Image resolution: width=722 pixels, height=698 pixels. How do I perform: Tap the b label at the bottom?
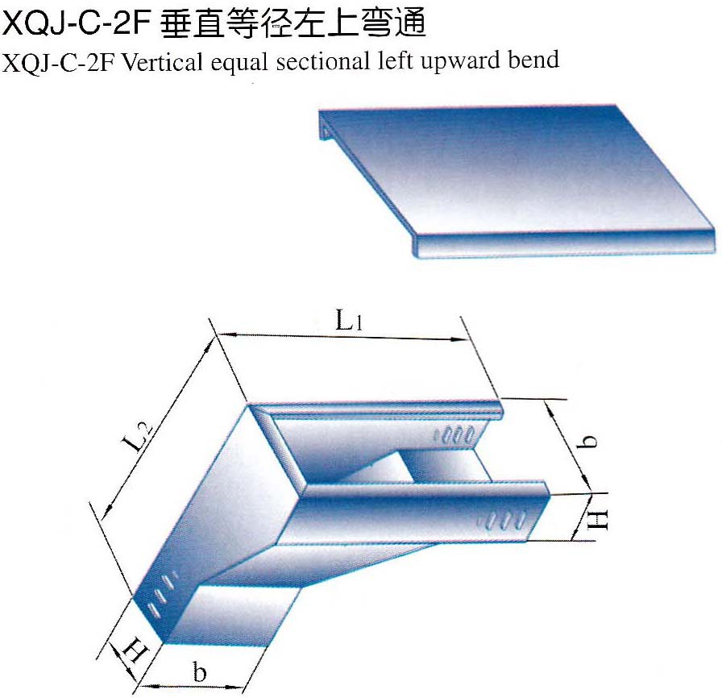tap(200, 672)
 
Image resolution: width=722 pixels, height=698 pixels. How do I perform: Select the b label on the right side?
tap(590, 441)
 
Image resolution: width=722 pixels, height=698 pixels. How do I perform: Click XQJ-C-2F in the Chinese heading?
tap(77, 25)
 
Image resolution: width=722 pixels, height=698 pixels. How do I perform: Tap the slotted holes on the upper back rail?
tap(456, 434)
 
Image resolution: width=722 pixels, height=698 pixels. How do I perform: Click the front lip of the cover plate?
tap(564, 243)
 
